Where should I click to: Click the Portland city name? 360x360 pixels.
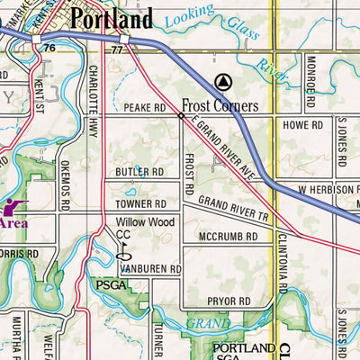[x=112, y=18]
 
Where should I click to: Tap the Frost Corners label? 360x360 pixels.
[x=220, y=104]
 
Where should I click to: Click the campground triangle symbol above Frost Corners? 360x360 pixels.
[x=224, y=80]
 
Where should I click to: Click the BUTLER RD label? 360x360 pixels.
[x=139, y=171]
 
